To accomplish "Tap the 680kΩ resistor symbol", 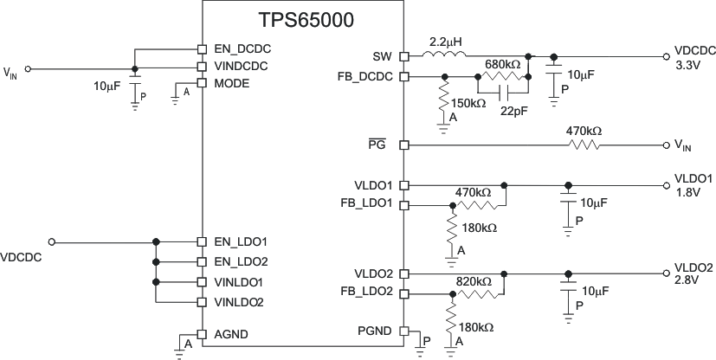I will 503,76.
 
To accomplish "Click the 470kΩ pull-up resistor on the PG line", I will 584,145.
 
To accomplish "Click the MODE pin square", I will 202,83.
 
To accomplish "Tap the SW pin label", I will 383,56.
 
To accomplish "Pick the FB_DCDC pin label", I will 366,76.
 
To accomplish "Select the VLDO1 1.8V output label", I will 693,184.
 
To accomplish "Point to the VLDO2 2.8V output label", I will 693,273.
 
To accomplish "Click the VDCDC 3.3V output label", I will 694,57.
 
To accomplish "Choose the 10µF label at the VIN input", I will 109,87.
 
